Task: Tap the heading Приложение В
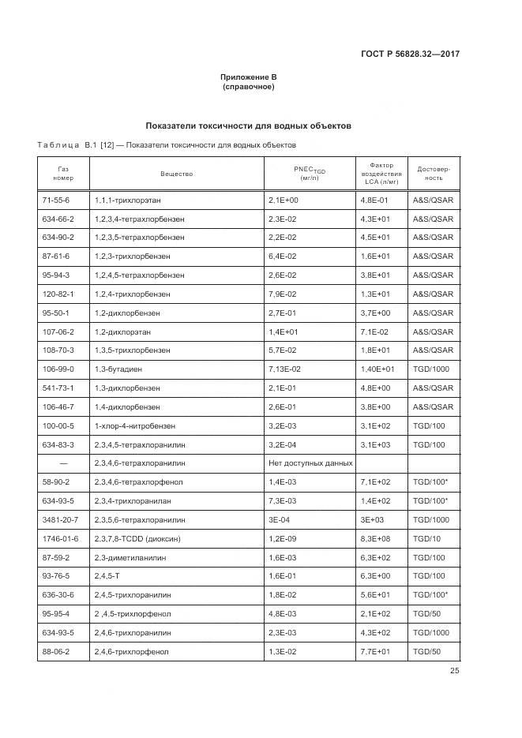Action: tap(248, 77)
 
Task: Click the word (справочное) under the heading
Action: tap(248, 87)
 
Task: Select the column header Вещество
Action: tap(176, 174)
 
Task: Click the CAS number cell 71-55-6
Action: tap(56, 200)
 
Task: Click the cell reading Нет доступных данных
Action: tap(310, 463)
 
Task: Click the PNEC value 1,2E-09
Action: tap(284, 538)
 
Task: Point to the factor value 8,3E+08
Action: tap(376, 538)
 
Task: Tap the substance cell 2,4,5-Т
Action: tap(106, 575)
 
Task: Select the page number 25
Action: tap(454, 671)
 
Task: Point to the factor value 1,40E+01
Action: tap(377, 369)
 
